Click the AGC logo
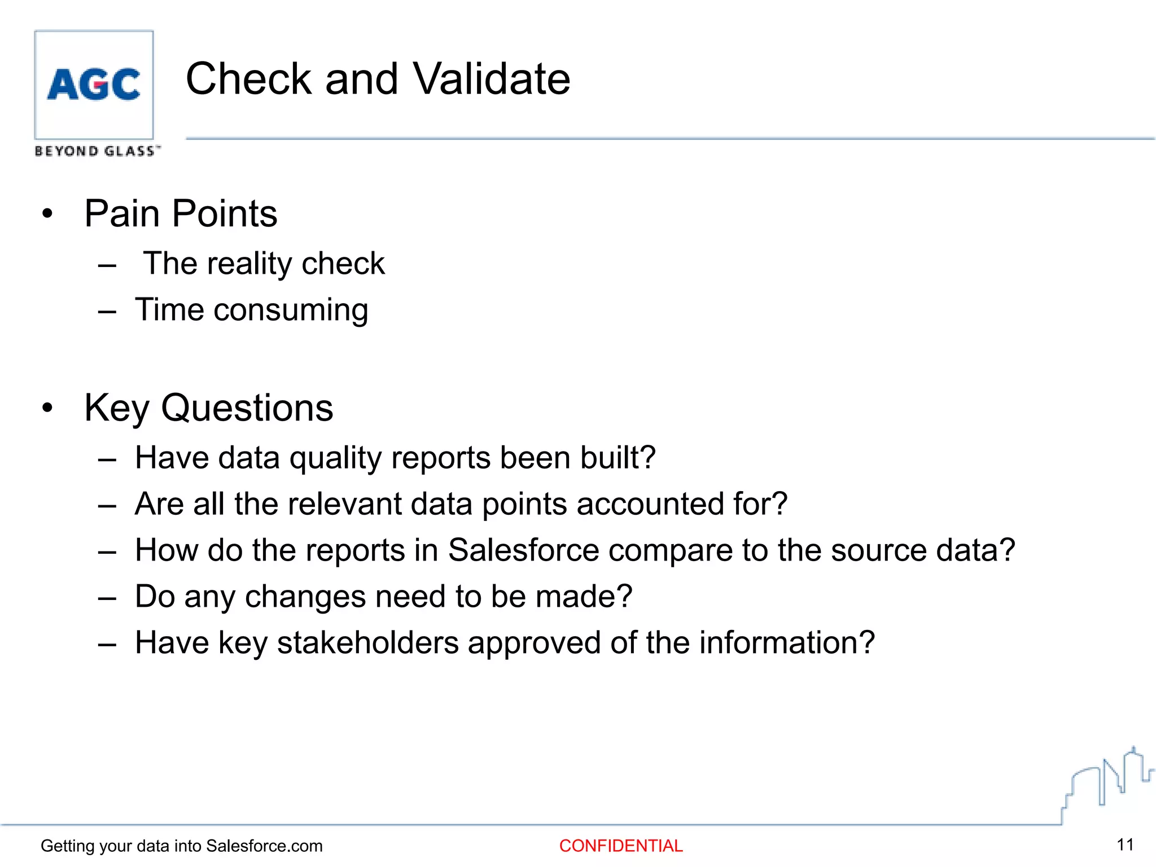[94, 85]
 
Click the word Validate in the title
[491, 79]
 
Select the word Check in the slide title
[248, 79]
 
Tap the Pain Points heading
[181, 214]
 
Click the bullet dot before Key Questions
[47, 408]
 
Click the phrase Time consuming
[252, 310]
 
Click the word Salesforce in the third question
[523, 550]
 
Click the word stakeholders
[367, 643]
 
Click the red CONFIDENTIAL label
[621, 846]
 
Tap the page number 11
[1125, 844]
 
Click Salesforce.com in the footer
[264, 846]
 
